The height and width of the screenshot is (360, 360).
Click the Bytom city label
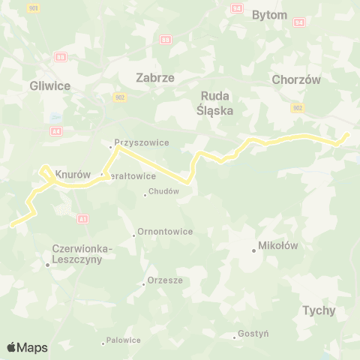270,15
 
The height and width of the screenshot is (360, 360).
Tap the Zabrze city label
155,77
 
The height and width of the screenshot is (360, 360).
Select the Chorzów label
296,79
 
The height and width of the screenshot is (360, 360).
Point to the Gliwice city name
49,85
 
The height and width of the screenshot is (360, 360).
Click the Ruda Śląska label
217,103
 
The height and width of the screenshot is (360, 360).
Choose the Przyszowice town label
142,142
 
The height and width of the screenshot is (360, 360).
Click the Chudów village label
164,191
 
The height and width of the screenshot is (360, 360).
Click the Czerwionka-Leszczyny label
82,253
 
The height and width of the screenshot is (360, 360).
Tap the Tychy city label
319,310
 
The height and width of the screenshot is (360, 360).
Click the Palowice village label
123,340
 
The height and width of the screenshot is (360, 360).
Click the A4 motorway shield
56,130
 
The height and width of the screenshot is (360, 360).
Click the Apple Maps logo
27,347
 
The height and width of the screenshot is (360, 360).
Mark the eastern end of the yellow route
346,134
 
